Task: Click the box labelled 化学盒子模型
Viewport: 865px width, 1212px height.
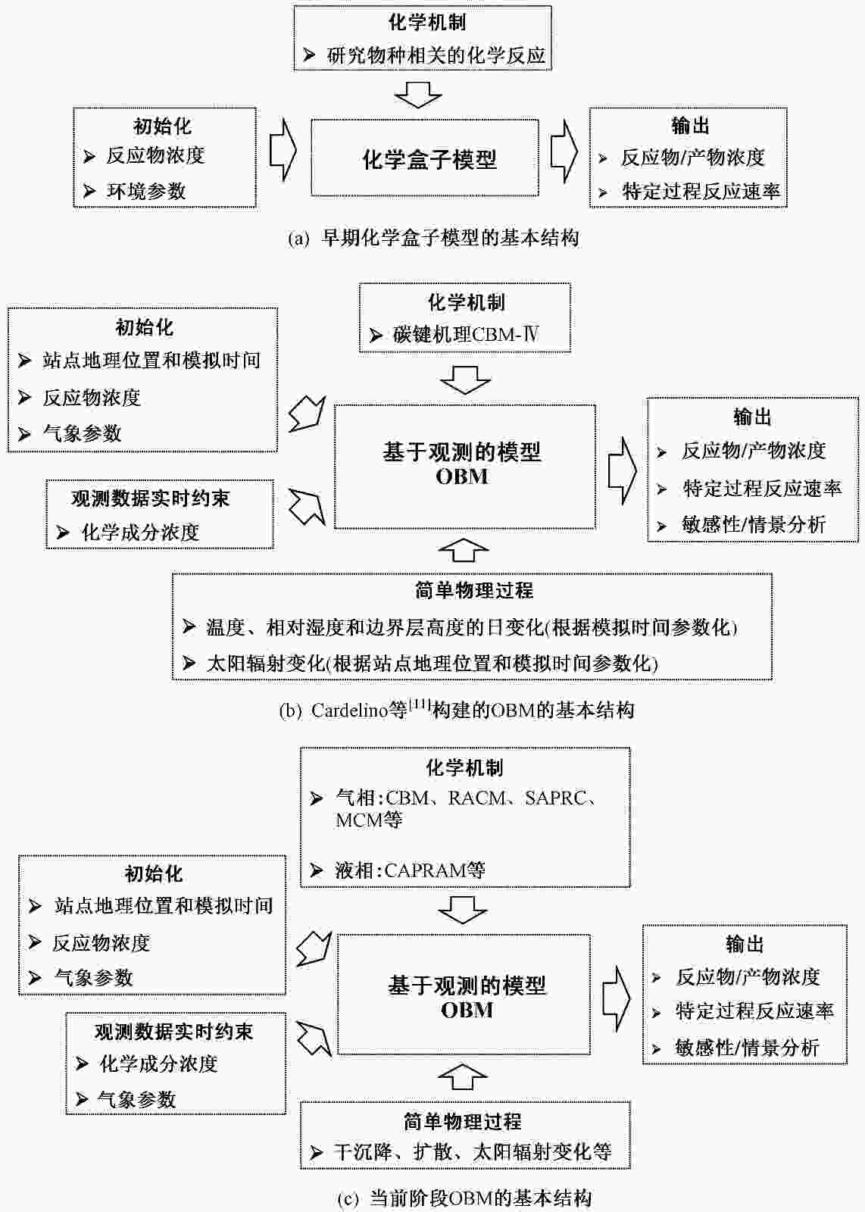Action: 425,158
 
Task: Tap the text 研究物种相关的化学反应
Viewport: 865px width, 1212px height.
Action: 436,55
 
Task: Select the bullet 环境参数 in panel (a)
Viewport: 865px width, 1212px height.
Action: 146,191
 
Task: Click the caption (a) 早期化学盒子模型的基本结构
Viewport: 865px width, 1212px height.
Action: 433,238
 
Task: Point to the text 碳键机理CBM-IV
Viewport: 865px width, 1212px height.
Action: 466,335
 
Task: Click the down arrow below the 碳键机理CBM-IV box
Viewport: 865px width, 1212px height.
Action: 465,380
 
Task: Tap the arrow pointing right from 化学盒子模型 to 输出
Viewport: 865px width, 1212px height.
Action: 564,151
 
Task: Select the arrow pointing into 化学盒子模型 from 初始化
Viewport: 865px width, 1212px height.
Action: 283,150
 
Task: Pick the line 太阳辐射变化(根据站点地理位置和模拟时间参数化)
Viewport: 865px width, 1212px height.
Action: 432,664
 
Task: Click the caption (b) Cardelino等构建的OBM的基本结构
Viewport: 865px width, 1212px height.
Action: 457,710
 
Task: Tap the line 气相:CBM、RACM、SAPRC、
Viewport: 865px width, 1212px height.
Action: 466,798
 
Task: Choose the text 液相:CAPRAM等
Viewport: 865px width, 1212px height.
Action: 410,870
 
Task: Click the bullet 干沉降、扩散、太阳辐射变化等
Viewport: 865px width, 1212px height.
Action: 472,1151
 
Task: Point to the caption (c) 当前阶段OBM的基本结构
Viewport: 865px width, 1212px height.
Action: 464,1199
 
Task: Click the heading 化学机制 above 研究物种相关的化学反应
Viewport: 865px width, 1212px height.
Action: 427,22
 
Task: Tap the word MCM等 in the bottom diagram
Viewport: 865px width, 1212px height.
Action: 369,820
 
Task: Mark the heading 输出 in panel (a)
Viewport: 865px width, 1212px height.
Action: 690,126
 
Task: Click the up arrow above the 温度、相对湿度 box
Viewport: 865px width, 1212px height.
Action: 464,551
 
